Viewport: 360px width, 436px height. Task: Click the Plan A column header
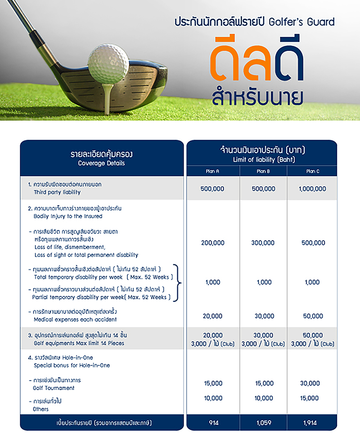(x=212, y=171)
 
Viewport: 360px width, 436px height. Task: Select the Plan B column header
(x=263, y=171)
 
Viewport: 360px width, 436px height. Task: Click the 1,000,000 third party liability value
(x=312, y=189)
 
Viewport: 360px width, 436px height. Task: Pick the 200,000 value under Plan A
(x=213, y=243)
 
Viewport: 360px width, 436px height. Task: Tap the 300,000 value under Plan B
(x=263, y=243)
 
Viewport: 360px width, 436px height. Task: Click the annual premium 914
(x=213, y=423)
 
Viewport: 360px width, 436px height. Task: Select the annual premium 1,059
(x=263, y=423)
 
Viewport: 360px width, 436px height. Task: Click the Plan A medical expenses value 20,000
(x=213, y=316)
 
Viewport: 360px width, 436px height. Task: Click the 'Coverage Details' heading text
(x=101, y=163)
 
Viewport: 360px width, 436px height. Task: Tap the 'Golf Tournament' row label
(x=54, y=388)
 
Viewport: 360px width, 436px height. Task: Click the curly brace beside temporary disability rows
(x=179, y=282)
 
